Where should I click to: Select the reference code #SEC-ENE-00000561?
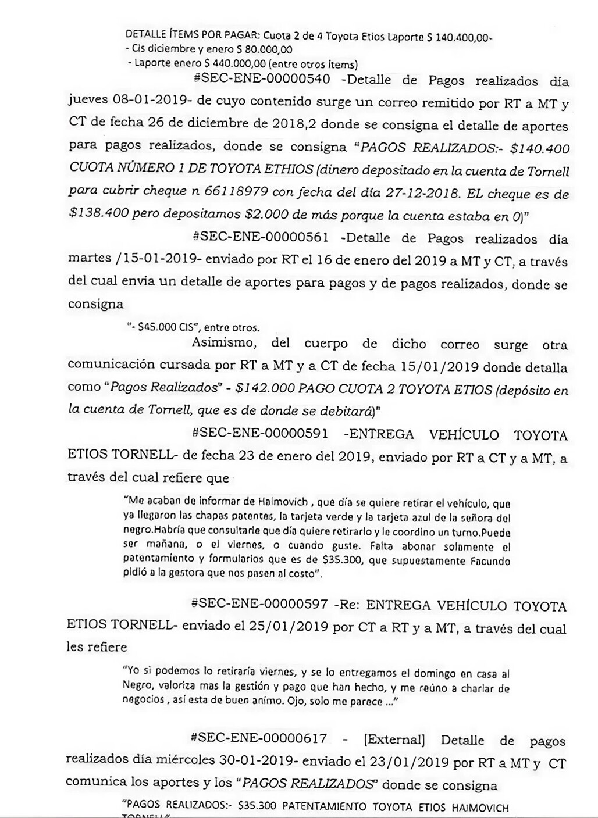click(x=260, y=238)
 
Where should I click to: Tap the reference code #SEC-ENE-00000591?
click(x=259, y=433)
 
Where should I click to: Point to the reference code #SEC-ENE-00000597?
click(x=259, y=604)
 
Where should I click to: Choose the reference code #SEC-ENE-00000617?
click(x=259, y=739)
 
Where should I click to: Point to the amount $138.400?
click(x=97, y=216)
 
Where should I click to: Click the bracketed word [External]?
click(x=394, y=740)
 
